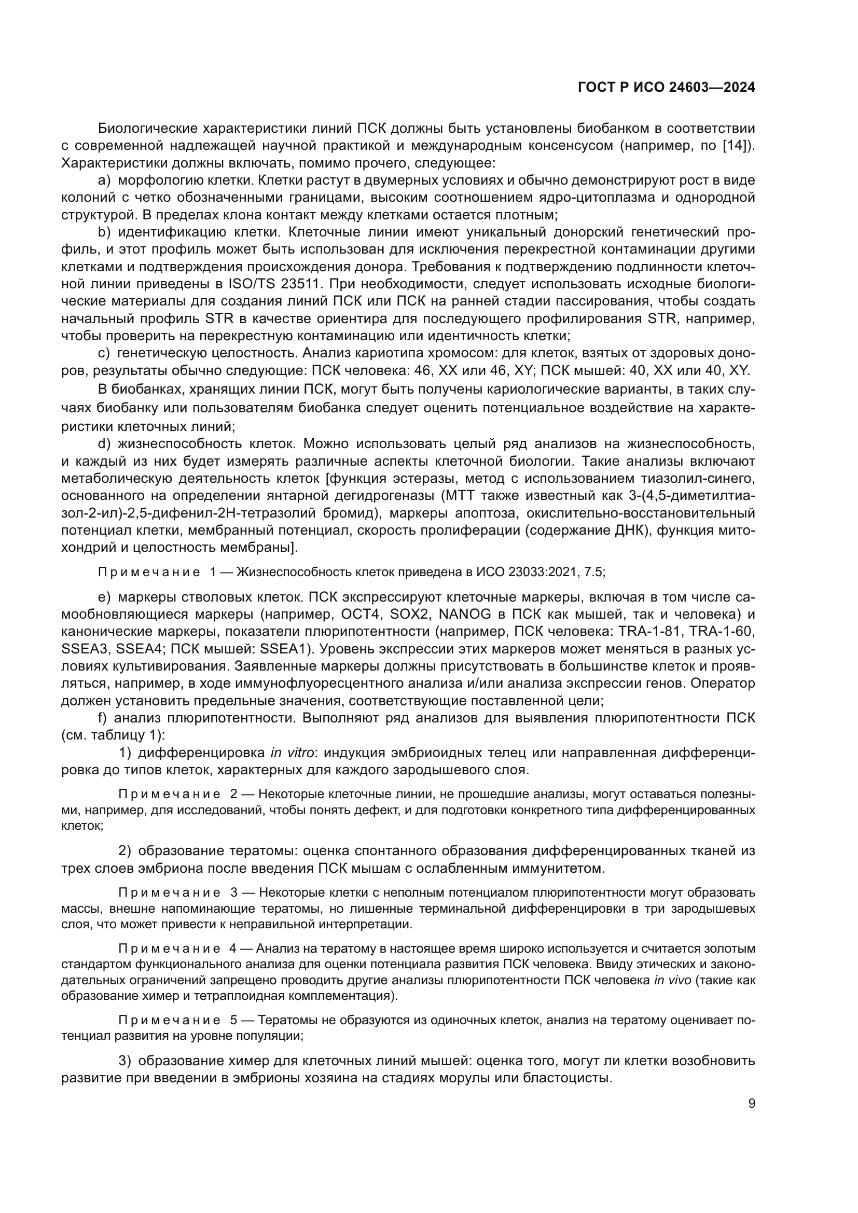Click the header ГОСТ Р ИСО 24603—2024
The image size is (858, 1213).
666,88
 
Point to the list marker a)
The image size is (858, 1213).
105,180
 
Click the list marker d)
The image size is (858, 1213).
105,444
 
